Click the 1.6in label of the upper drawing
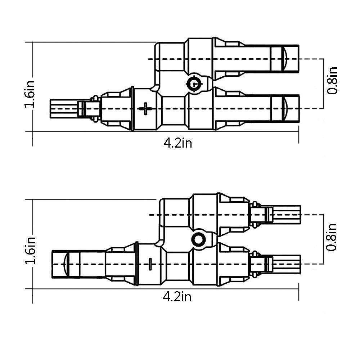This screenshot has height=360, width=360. (30, 94)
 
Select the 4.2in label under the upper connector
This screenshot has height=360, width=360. (177, 143)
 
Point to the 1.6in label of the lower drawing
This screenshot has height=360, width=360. (30, 251)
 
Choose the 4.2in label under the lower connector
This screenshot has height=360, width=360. (177, 297)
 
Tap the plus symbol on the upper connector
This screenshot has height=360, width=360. (145, 108)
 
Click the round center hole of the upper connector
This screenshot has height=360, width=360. (194, 84)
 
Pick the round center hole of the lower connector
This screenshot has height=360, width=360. (198, 239)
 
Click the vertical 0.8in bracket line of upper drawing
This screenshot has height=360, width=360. (324, 84)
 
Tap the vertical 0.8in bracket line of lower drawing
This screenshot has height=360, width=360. (324, 239)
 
